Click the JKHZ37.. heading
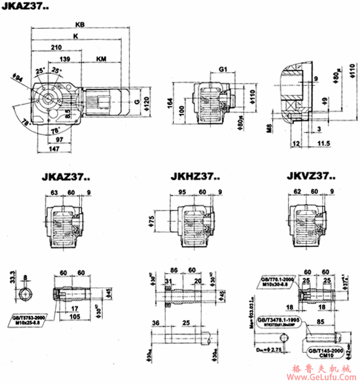click(x=194, y=175)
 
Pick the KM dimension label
click(x=103, y=60)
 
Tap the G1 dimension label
click(x=223, y=68)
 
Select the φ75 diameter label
click(x=152, y=221)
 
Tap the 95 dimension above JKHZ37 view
click(x=184, y=193)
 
